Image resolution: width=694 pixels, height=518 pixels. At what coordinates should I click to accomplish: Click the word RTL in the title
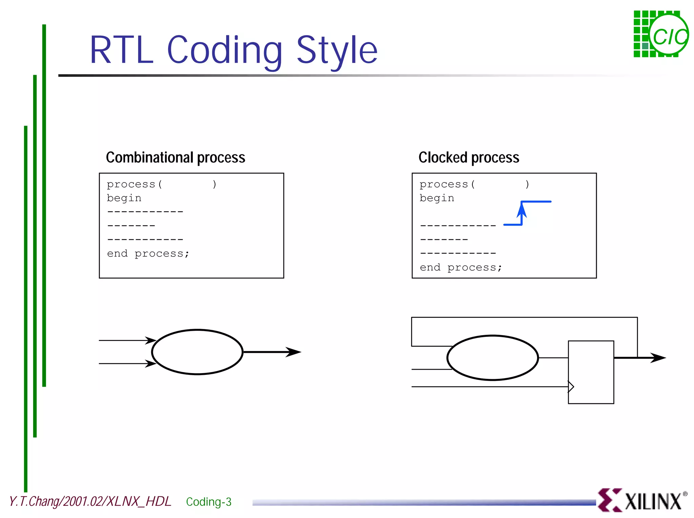point(121,50)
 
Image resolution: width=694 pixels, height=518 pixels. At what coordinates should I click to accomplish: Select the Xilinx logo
point(642,500)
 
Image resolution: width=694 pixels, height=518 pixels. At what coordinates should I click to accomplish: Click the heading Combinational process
point(175,157)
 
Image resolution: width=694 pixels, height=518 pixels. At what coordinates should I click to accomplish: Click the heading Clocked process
point(469,157)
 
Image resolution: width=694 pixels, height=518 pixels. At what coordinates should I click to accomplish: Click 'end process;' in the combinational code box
point(148,254)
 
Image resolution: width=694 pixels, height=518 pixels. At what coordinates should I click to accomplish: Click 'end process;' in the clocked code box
point(461,267)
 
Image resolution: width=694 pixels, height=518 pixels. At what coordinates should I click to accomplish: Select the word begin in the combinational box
point(124,198)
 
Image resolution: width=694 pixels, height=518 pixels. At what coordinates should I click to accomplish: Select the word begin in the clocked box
point(437,198)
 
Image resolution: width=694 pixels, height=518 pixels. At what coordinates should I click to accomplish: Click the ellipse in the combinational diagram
point(197,352)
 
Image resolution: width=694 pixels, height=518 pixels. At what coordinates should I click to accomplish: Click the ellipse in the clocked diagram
point(492,358)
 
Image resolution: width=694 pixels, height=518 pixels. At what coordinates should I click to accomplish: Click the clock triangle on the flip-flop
point(571,387)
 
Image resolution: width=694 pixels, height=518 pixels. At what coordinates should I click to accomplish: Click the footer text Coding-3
point(208,502)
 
